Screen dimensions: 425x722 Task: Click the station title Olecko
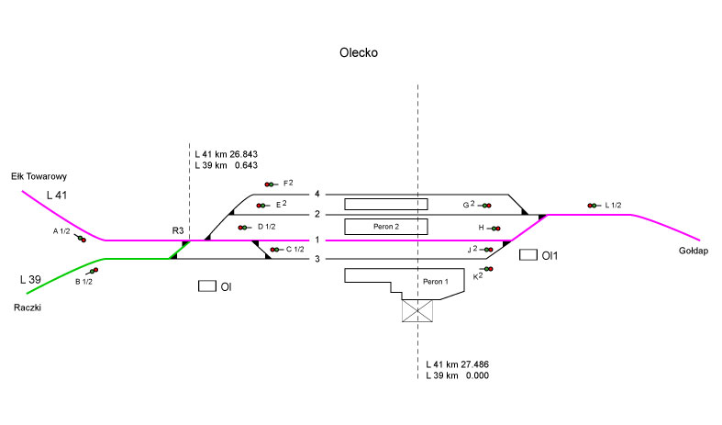[x=359, y=53]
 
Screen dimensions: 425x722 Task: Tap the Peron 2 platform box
[x=384, y=226]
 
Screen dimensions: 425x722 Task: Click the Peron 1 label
[x=434, y=281]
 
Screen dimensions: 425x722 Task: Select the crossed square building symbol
[x=417, y=310]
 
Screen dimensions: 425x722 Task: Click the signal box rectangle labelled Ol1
[x=528, y=254]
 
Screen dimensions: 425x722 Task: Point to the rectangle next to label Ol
[x=207, y=286]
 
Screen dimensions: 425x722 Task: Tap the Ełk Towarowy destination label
[x=39, y=176]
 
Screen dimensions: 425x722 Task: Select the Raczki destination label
[x=28, y=308]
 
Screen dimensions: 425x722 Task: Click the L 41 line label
[x=58, y=196]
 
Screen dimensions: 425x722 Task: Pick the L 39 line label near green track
[x=30, y=278]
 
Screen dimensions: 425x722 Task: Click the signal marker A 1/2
[x=82, y=239]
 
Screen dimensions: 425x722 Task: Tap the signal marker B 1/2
[x=94, y=271]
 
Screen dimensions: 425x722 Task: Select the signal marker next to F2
[x=271, y=185]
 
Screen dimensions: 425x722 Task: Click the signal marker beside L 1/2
[x=593, y=206]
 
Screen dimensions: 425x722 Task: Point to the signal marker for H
[x=495, y=228]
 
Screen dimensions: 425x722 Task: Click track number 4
[x=317, y=195]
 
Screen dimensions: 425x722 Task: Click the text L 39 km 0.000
[x=457, y=376]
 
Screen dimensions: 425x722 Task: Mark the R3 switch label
[x=178, y=229]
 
